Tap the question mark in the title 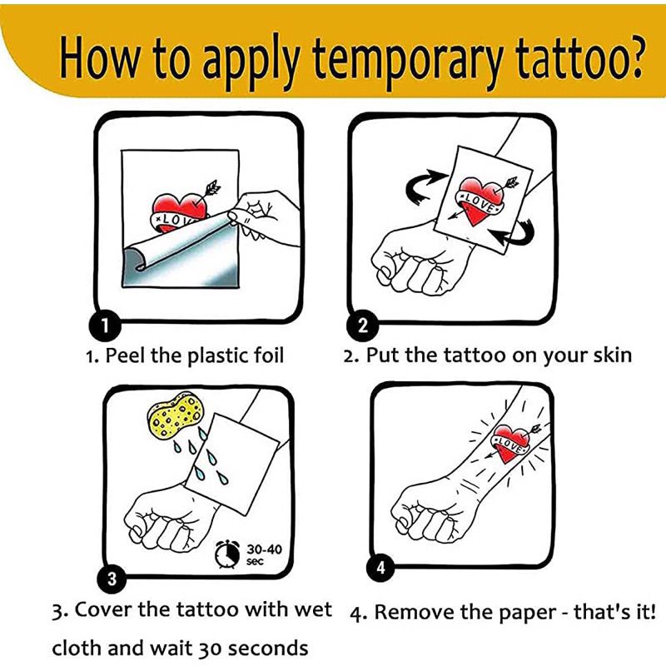[632, 57]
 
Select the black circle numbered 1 [105, 326]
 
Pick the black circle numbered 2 [363, 326]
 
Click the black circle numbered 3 [112, 579]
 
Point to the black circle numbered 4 [381, 568]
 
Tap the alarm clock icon [226, 554]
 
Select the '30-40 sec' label [264, 554]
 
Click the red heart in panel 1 [180, 211]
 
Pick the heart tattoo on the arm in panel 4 [511, 443]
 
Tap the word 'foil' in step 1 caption [269, 355]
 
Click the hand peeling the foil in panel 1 [263, 216]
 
